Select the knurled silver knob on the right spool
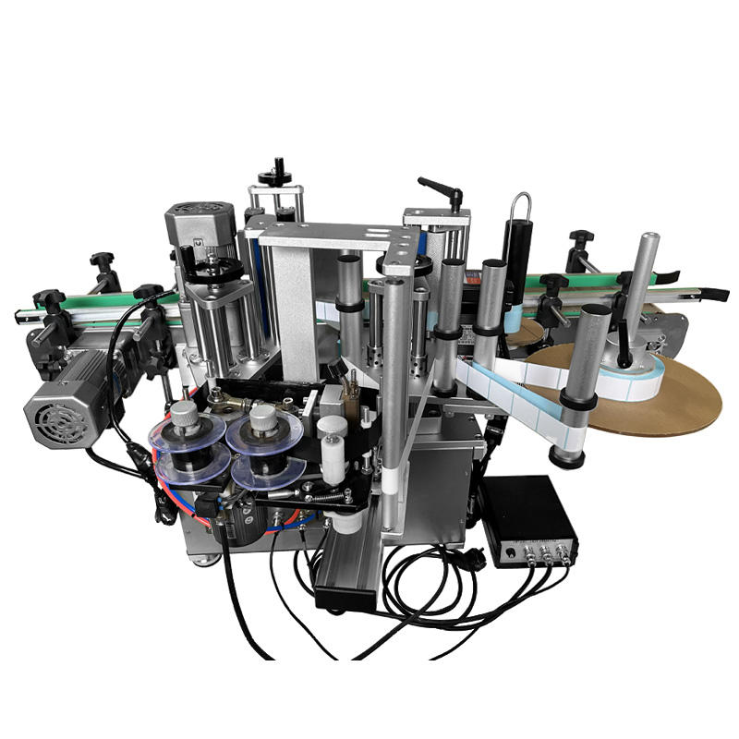pos(262,418)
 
